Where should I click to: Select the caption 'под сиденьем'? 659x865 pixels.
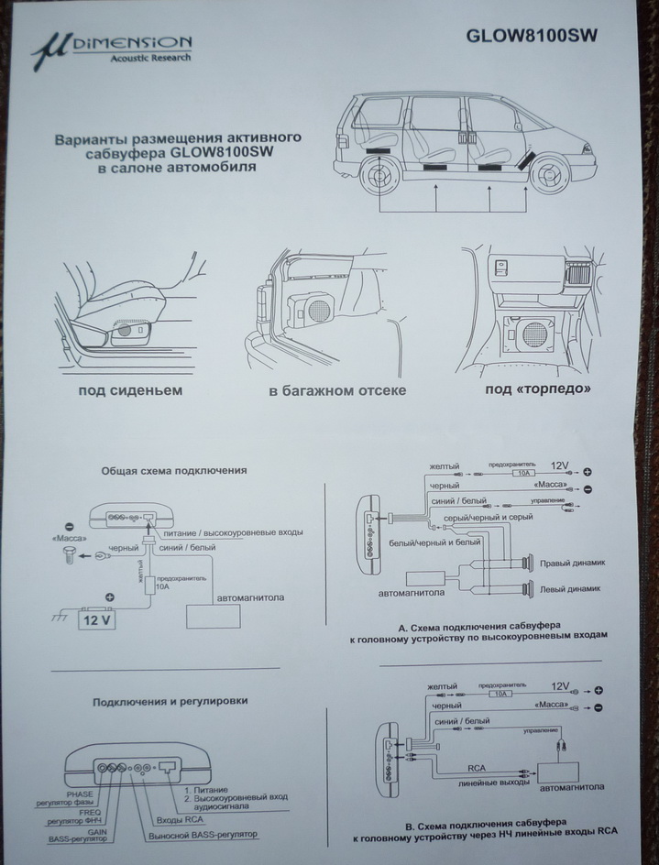click(x=131, y=391)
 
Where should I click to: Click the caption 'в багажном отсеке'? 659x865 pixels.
click(x=337, y=391)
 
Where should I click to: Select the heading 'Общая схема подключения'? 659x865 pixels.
click(x=174, y=470)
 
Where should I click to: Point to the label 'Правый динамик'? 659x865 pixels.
click(x=575, y=564)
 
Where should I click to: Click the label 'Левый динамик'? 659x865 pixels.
click(x=575, y=589)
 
